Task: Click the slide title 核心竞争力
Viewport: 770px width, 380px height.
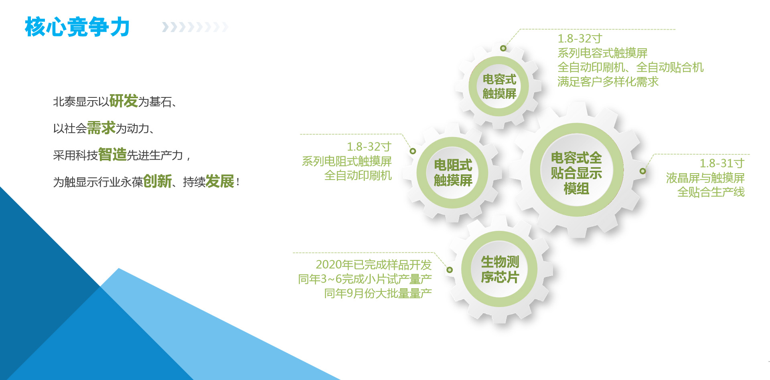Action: click(x=77, y=27)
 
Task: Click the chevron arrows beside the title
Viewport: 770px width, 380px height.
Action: click(x=195, y=27)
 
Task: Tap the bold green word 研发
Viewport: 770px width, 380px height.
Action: click(x=124, y=101)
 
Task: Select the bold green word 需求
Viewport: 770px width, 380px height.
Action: click(x=101, y=128)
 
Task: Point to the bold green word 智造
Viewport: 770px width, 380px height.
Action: click(x=112, y=155)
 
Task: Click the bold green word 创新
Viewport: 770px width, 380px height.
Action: click(x=157, y=182)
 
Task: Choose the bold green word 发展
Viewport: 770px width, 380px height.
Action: click(x=220, y=182)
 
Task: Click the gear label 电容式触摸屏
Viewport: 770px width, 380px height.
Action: click(x=499, y=86)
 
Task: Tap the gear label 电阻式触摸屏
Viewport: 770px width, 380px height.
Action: click(x=453, y=173)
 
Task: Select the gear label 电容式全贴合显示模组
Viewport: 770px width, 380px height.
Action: click(x=576, y=173)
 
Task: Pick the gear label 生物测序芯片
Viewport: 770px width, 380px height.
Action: click(x=500, y=269)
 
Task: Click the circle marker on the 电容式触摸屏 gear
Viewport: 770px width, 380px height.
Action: click(x=503, y=49)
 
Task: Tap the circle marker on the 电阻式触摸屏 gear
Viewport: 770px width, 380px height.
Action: click(x=413, y=151)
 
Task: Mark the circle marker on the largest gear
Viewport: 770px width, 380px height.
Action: click(x=643, y=171)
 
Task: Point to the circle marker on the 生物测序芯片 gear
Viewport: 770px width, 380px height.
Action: click(x=450, y=270)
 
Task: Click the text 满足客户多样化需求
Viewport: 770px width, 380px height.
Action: click(x=608, y=82)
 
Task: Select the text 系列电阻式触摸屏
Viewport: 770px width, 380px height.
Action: click(x=346, y=161)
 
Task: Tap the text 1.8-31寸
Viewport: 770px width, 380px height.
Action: click(x=722, y=163)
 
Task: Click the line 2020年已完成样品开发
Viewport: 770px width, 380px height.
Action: click(x=373, y=265)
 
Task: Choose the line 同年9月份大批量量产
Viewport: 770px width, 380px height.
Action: click(x=378, y=293)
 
